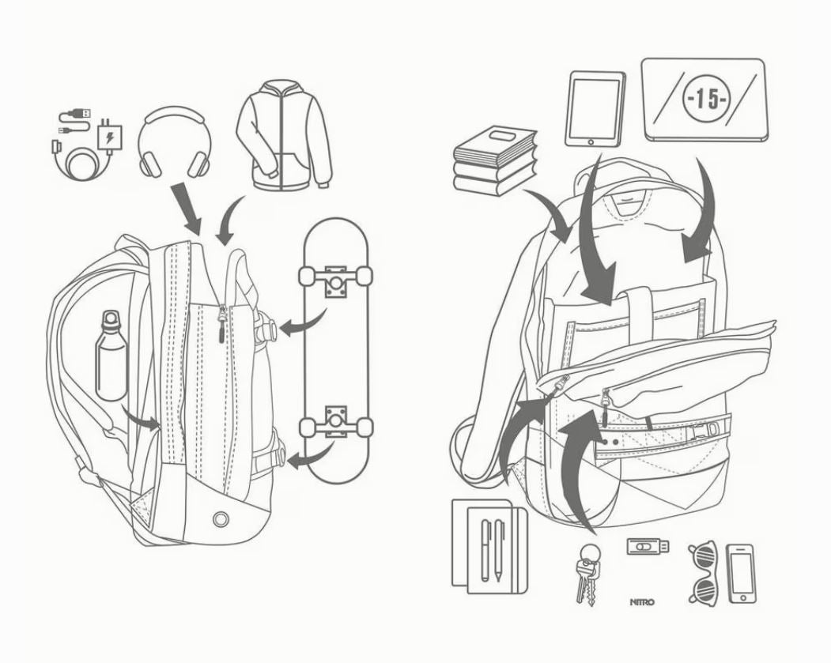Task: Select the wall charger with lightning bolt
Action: (108, 135)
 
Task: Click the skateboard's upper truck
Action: (335, 280)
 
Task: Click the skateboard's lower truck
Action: (335, 423)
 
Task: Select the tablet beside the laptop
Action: (595, 107)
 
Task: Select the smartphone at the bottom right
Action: (740, 572)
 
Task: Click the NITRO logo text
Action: (642, 602)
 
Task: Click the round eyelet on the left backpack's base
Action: (221, 518)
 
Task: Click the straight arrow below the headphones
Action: (189, 209)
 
